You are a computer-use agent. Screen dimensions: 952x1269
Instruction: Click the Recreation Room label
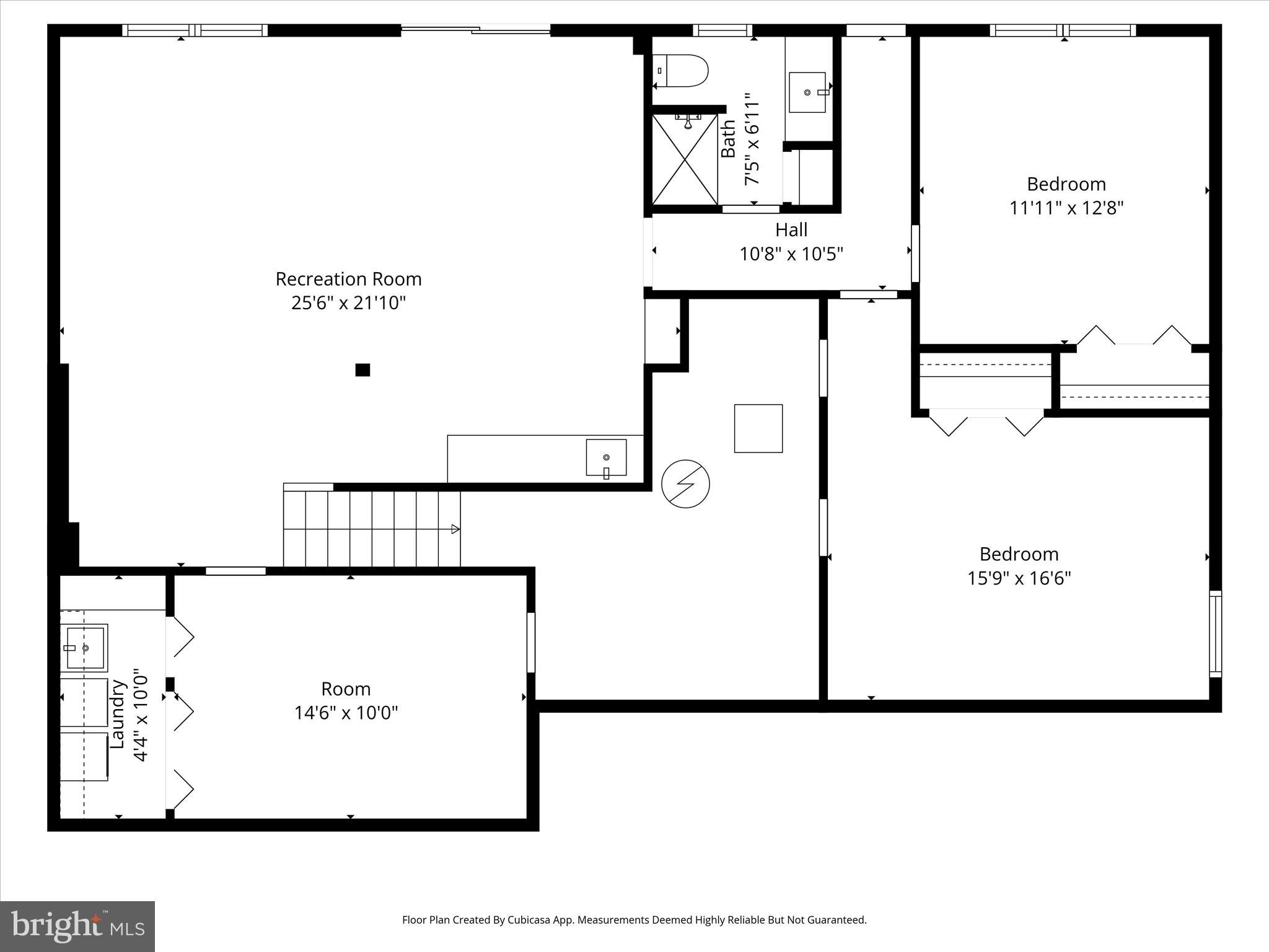[x=348, y=279]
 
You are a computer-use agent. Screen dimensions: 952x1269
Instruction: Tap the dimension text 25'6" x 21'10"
[x=348, y=303]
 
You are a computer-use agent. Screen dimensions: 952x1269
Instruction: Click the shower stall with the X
[x=685, y=159]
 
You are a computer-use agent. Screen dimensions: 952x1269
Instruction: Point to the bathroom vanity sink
[x=807, y=92]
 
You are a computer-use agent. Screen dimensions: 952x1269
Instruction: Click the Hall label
[x=791, y=230]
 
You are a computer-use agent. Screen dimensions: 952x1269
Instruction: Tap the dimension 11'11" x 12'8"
[x=1066, y=208]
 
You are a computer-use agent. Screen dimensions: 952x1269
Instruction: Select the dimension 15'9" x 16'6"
[x=1019, y=578]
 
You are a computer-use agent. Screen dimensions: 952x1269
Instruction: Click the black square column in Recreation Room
[x=362, y=370]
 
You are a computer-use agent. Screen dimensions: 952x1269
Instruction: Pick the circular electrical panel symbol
[x=685, y=484]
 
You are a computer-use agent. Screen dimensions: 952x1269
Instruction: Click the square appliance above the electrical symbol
[x=758, y=428]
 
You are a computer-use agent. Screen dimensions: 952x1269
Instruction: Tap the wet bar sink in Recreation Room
[x=606, y=458]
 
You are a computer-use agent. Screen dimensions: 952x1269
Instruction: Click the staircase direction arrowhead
[x=455, y=529]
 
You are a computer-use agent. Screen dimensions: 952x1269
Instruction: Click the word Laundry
[x=118, y=714]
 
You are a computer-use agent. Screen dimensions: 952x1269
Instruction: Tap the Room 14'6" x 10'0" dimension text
[x=346, y=713]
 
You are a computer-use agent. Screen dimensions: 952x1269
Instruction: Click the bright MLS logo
[x=77, y=927]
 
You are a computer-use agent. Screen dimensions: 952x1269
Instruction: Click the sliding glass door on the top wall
[x=476, y=29]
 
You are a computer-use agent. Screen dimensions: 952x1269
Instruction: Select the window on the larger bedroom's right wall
[x=1215, y=634]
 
